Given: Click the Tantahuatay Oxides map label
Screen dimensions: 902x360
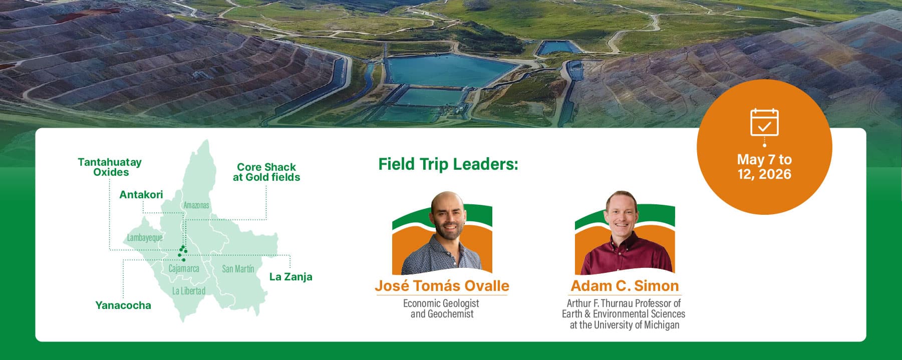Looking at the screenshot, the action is (110, 167).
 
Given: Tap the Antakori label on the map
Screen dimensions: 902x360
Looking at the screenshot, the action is (141, 195).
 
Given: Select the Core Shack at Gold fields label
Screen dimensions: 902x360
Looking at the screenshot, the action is (266, 172).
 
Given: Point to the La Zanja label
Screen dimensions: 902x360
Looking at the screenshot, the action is (291, 277).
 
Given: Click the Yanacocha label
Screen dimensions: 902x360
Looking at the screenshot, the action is (123, 305).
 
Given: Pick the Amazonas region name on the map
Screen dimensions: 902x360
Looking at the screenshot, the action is (196, 205).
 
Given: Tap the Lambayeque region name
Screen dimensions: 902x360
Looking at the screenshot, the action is (145, 237).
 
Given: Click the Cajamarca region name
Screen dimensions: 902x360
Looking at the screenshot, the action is (184, 268).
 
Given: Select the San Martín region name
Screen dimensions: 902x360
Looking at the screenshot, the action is (238, 269).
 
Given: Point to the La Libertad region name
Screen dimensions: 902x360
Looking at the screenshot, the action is (189, 291).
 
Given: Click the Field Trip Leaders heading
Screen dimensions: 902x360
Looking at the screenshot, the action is (448, 164).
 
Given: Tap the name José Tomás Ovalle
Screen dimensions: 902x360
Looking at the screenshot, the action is (442, 286).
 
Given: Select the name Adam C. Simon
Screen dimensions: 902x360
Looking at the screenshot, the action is (625, 286).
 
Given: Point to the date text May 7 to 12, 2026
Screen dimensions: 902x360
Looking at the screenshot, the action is (764, 167).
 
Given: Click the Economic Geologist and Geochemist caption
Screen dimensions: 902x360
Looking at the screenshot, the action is (441, 308).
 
